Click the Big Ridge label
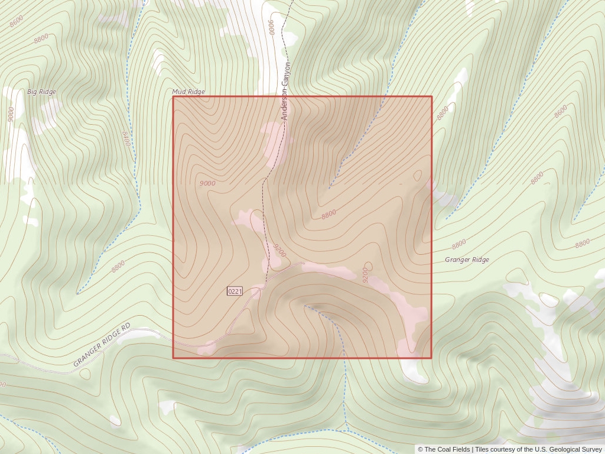[x=41, y=92]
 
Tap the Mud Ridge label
[x=188, y=92]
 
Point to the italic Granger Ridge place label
[x=467, y=260]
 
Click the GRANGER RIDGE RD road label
[x=102, y=345]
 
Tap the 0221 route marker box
[x=235, y=291]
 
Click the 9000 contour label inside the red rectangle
[x=207, y=183]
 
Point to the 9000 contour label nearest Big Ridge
[x=11, y=114]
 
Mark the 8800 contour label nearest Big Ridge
[x=41, y=39]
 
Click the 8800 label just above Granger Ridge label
[x=458, y=243]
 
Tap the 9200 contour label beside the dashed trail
[x=280, y=250]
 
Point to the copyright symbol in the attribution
[x=421, y=449]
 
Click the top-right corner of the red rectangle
[x=432, y=96]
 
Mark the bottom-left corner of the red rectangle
[x=173, y=358]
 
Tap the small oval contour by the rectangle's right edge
[x=419, y=175]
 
